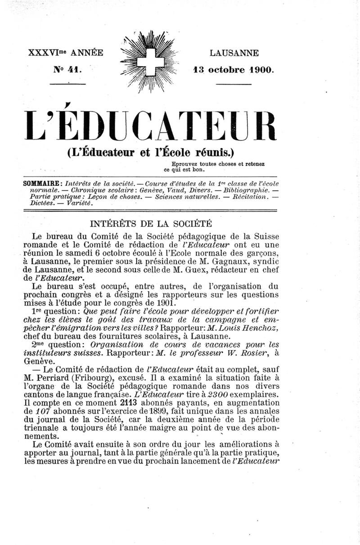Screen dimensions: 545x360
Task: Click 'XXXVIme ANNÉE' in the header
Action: point(66,53)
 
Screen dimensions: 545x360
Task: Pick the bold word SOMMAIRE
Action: point(43,183)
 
